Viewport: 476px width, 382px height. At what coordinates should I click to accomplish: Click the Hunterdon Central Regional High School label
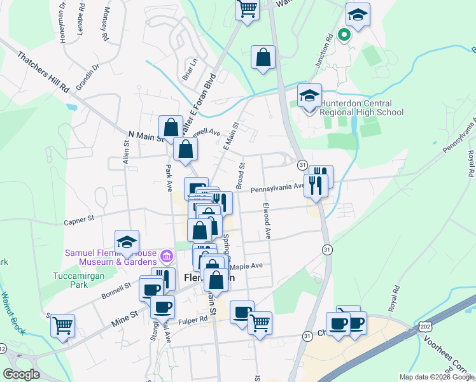(361, 108)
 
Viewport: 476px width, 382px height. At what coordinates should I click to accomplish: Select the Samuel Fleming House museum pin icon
(167, 257)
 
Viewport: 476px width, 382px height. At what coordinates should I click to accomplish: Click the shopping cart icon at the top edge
(247, 9)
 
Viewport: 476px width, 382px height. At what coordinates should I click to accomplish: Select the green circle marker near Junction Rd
(344, 35)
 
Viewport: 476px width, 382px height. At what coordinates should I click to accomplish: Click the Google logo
(21, 374)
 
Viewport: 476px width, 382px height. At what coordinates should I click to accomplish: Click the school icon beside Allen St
(127, 242)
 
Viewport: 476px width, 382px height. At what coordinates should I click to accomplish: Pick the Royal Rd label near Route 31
(395, 297)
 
